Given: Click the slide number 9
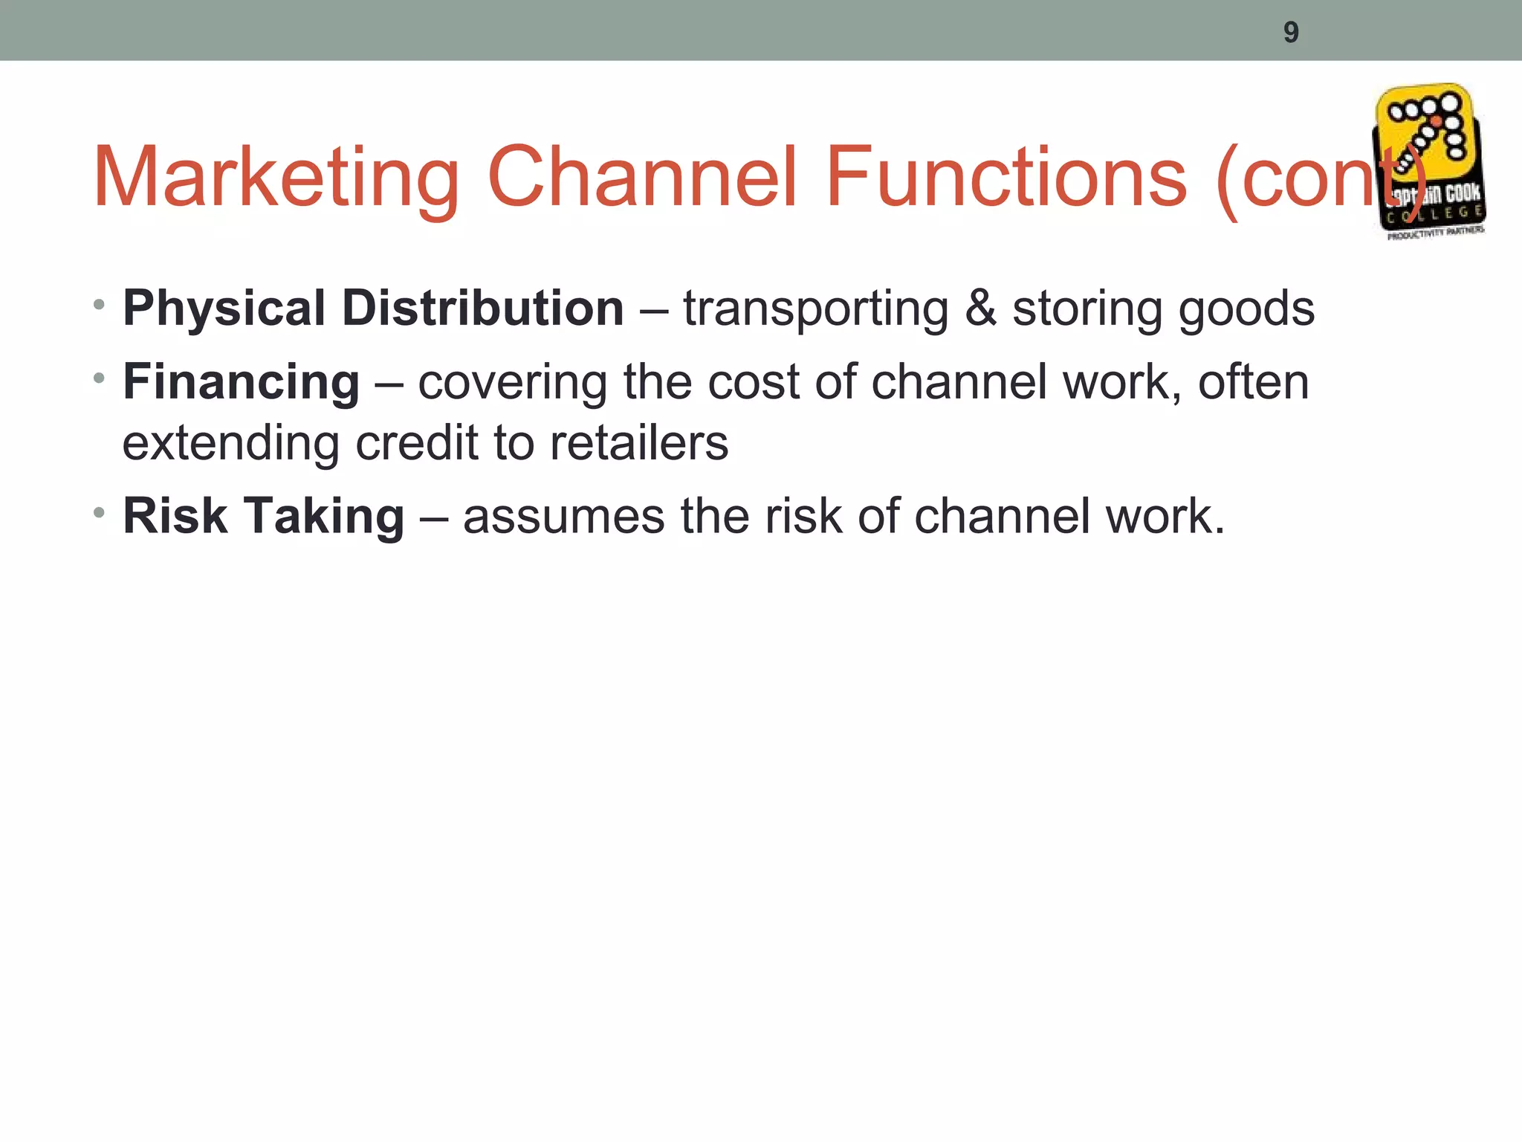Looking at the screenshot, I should tap(1291, 33).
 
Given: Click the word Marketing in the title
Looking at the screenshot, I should tap(276, 178).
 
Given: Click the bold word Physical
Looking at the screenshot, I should tap(224, 309).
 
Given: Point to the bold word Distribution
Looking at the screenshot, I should tap(482, 309).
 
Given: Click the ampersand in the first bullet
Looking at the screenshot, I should tap(980, 309).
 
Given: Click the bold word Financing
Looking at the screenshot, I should tap(241, 383).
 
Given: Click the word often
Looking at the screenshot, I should tap(1253, 382).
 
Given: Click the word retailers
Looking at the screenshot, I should tap(639, 443).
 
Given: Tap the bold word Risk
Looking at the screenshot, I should tap(175, 516).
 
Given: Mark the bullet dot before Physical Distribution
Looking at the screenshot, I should tap(100, 304).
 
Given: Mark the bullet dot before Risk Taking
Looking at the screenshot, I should tap(100, 512).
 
